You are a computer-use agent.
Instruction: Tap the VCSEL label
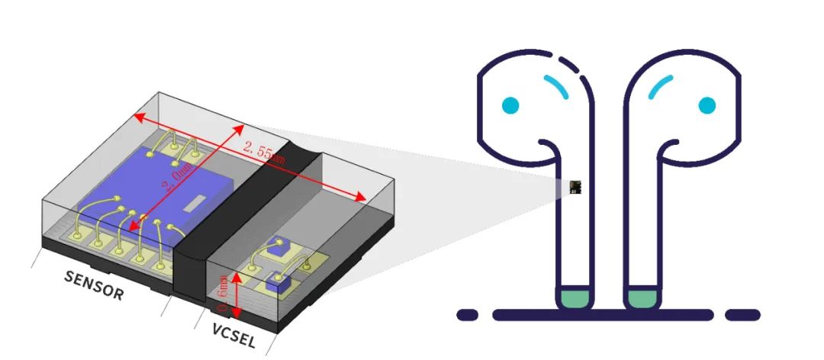pyautogui.click(x=234, y=338)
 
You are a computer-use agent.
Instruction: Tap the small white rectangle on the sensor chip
pyautogui.click(x=196, y=202)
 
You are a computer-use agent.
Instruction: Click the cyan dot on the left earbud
pyautogui.click(x=510, y=104)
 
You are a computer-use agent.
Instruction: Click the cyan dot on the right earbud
pyautogui.click(x=707, y=104)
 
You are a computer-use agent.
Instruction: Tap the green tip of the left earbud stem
pyautogui.click(x=575, y=298)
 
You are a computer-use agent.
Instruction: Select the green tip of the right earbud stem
pyautogui.click(x=642, y=298)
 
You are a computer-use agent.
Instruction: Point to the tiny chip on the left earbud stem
pyautogui.click(x=577, y=187)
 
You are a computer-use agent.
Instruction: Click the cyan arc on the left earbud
pyautogui.click(x=556, y=87)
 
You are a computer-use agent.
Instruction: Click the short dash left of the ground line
pyautogui.click(x=467, y=314)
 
